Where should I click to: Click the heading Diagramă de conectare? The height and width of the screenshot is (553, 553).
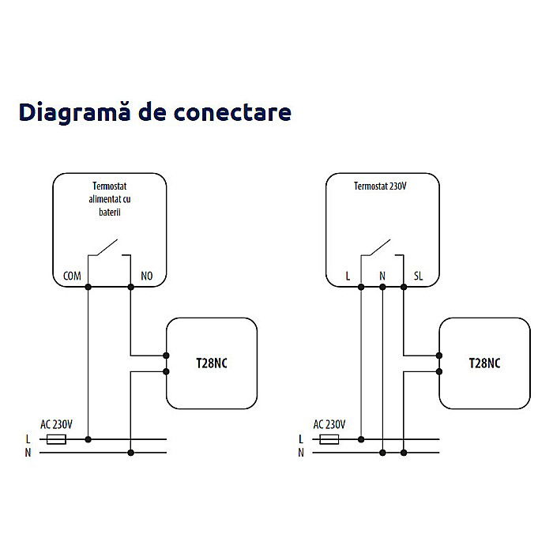pos(155,112)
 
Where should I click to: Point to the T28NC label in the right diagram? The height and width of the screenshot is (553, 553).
pos(484,363)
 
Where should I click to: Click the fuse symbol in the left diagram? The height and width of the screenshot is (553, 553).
pos(57,438)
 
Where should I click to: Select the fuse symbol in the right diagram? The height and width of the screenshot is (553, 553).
pos(330,438)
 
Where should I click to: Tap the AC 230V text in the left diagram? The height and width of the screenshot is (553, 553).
pos(56,424)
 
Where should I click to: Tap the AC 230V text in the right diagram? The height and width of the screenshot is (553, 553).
pos(329,424)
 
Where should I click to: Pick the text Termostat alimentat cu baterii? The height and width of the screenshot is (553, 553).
pos(110,201)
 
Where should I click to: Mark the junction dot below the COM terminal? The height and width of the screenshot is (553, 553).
pos(88,286)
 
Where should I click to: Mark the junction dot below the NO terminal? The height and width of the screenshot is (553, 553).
pos(130,286)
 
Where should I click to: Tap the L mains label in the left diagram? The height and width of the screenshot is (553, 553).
pos(28,438)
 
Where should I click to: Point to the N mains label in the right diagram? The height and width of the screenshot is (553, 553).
pos(301,453)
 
